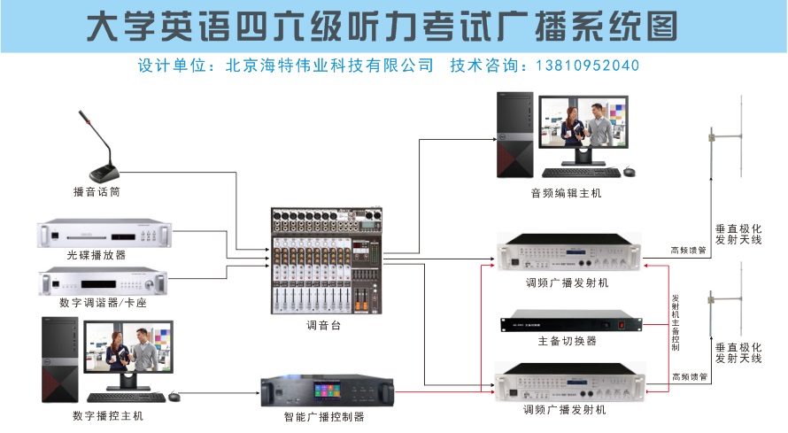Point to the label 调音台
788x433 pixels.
[x=323, y=326]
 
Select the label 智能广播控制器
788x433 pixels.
[x=324, y=417]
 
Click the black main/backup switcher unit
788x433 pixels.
[x=568, y=321]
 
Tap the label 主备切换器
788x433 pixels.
[x=568, y=341]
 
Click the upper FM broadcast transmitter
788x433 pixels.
[x=568, y=254]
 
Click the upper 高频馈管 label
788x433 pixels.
[x=688, y=251]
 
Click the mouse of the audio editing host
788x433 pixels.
[x=630, y=170]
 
